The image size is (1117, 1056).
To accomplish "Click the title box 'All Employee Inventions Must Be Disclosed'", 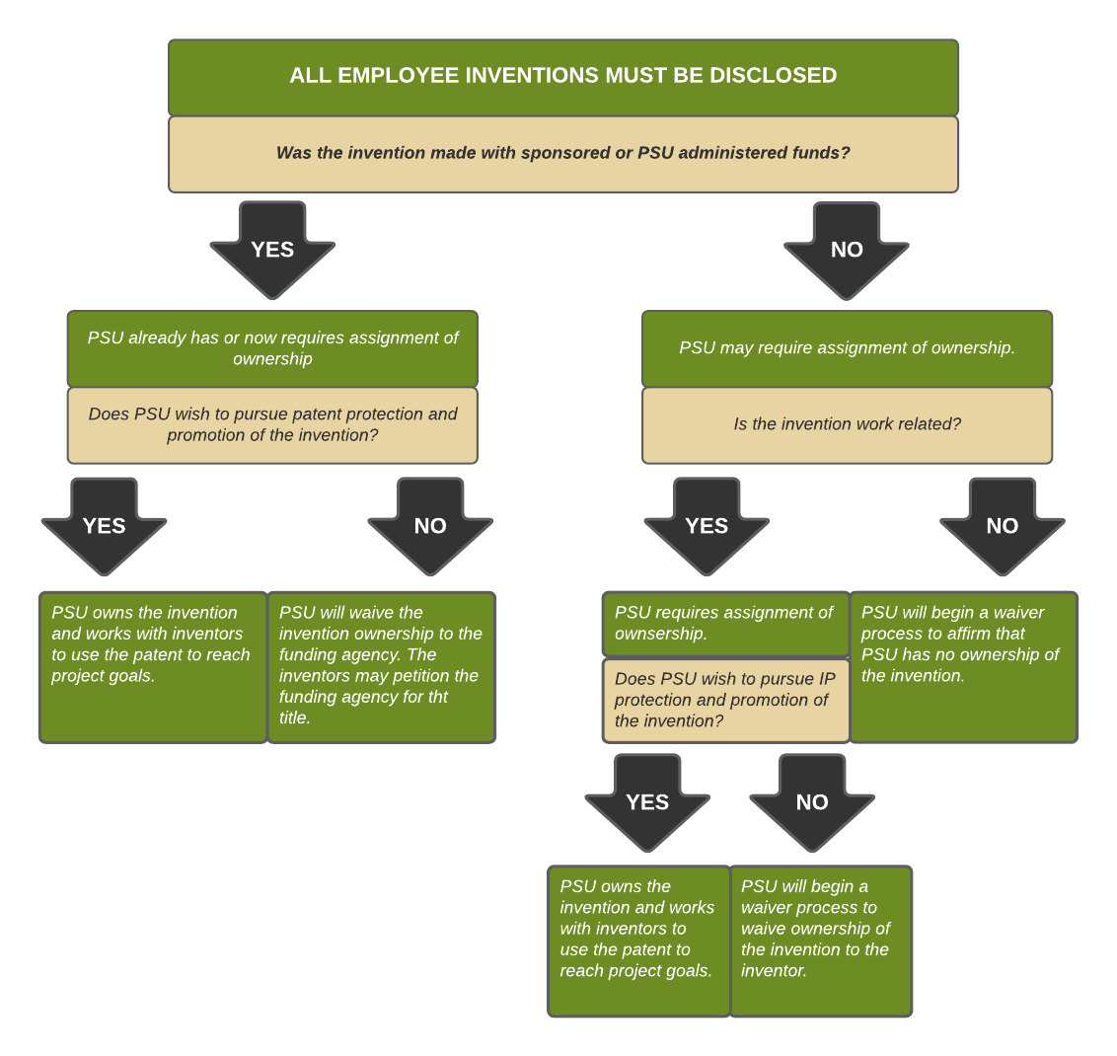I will pos(562,77).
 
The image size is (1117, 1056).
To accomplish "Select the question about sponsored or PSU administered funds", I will pos(562,154).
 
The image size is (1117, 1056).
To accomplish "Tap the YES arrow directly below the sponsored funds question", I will pos(272,250).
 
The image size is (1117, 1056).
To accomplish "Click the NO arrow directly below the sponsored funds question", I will pos(847,250).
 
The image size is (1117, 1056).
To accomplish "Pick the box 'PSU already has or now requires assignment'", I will pos(272,348).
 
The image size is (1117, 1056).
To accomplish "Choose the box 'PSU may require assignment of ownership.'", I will pos(847,348).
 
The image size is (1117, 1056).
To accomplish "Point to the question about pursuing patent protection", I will pos(272,425).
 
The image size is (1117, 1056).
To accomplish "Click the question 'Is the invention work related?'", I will pos(847,424).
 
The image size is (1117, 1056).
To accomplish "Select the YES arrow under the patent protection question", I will pos(104,526).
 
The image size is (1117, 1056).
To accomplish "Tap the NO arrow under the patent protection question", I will pos(430,526).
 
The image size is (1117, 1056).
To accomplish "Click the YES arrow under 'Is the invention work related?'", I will pos(707,526).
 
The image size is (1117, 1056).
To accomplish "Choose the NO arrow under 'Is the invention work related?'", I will pos(1002,526).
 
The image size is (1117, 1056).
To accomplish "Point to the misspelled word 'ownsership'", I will pos(660,634).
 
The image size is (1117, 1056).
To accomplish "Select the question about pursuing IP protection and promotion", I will pos(725,701).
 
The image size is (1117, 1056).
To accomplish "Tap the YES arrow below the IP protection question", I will pos(647,802).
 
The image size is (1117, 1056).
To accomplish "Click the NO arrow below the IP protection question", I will pos(812,802).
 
